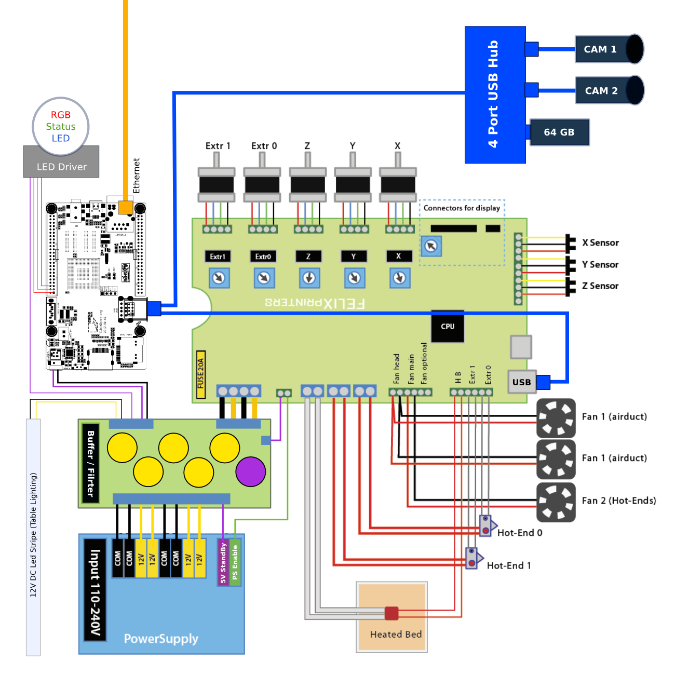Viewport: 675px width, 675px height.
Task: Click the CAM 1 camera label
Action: click(600, 49)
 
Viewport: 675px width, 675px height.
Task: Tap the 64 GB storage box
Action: click(559, 132)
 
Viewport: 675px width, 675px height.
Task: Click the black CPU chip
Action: click(448, 327)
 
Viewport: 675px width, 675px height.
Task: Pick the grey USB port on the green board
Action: click(521, 382)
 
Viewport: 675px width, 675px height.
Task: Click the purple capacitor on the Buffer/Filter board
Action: click(251, 471)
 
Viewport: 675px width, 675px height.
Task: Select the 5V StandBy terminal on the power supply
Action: click(223, 563)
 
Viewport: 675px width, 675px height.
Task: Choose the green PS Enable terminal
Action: click(235, 563)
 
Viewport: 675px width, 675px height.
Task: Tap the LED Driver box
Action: click(61, 167)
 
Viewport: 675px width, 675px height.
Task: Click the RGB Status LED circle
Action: click(61, 127)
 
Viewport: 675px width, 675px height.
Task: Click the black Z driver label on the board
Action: click(308, 256)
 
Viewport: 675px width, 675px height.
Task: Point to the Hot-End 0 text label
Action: click(520, 533)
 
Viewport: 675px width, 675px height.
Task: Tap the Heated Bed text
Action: click(396, 634)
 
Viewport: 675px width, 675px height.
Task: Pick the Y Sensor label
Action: click(600, 265)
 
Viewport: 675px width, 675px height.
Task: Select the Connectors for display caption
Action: click(462, 208)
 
